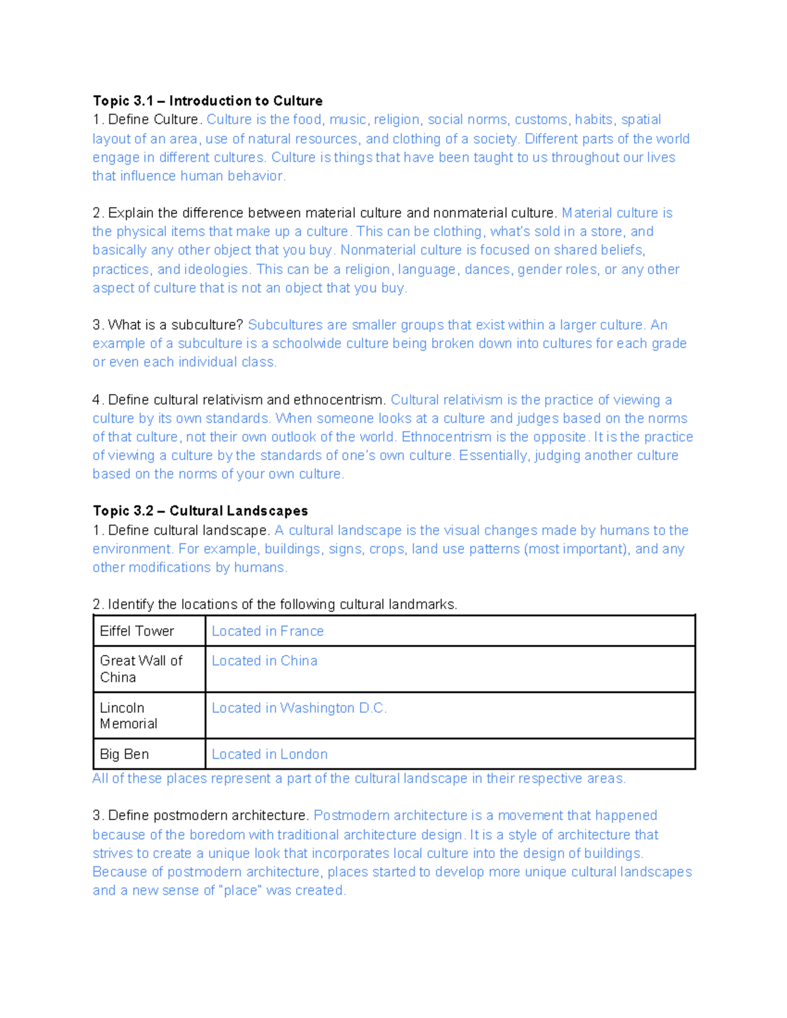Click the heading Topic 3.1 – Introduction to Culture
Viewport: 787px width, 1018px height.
coord(207,101)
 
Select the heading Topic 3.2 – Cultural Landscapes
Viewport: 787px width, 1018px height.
coord(200,511)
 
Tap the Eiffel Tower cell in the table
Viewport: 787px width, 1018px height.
coord(137,631)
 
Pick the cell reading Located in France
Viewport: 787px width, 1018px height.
coord(268,631)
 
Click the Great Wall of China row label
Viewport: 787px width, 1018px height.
coord(140,669)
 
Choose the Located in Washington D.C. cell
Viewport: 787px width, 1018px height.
coord(299,708)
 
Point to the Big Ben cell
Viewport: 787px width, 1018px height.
coord(125,754)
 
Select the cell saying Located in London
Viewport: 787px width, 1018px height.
coord(270,754)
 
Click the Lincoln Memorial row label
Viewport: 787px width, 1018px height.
coord(129,716)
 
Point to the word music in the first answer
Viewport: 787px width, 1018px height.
coord(348,120)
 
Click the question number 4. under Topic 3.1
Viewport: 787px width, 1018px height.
coord(98,400)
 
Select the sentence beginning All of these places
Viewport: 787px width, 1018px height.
coord(359,779)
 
